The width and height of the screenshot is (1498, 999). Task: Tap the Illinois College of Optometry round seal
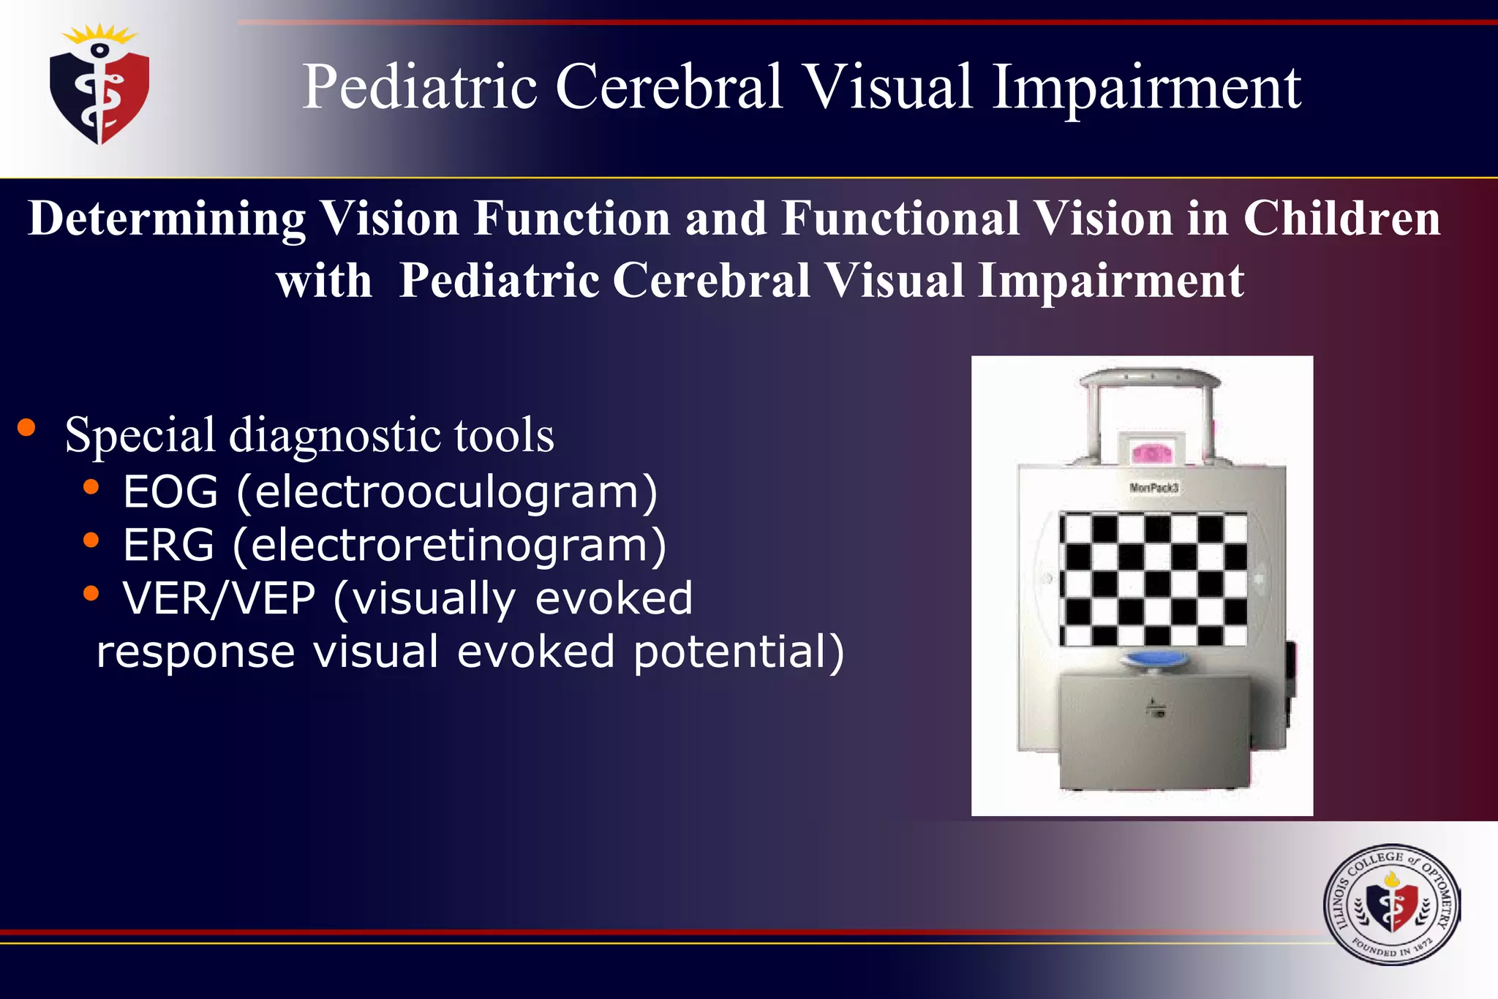pos(1391,905)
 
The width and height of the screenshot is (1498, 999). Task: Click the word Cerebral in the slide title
pos(669,87)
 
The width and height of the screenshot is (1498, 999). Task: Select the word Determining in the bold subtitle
pos(167,219)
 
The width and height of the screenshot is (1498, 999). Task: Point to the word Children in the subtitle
pos(1341,219)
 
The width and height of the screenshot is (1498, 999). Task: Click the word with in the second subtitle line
pos(324,281)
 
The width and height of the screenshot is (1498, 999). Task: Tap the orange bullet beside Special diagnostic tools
pos(27,428)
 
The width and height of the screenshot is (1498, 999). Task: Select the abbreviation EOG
pos(170,491)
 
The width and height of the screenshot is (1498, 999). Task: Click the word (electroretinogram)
pos(449,546)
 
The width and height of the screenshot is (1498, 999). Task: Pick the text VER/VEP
pos(219,598)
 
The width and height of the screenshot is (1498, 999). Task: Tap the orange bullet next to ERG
pos(91,540)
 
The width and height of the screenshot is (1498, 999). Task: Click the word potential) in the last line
pos(738,652)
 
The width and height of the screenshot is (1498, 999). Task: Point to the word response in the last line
pos(195,652)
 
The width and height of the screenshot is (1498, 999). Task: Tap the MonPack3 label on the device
pos(1153,488)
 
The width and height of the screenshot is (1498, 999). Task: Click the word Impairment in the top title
pos(1145,87)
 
